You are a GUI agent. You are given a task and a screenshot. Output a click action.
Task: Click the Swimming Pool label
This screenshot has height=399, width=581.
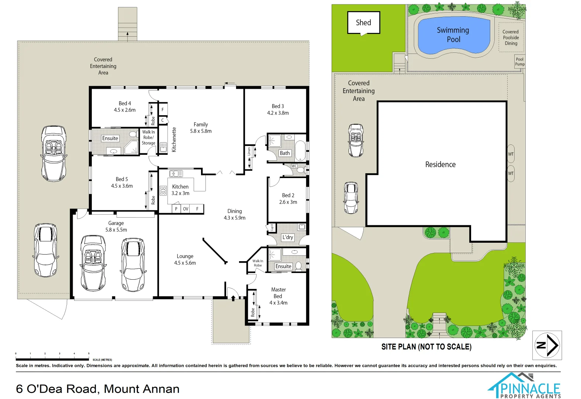(453, 35)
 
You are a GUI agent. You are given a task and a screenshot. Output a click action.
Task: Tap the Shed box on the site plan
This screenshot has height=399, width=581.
(363, 23)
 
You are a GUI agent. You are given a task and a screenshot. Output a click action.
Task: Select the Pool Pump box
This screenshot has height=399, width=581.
(519, 61)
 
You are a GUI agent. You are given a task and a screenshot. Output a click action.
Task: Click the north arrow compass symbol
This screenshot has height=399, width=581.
(547, 345)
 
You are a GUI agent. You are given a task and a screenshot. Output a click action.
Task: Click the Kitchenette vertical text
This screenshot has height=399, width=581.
(174, 140)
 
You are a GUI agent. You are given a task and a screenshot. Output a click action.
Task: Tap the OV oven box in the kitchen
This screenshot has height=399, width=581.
(186, 209)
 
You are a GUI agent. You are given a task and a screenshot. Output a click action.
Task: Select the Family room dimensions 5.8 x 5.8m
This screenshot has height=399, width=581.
(201, 131)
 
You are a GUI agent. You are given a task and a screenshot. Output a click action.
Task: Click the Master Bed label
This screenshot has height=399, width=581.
(278, 293)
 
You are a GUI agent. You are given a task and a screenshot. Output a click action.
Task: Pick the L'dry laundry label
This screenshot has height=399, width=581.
(287, 237)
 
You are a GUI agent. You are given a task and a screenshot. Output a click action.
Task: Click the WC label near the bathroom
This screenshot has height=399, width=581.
(294, 166)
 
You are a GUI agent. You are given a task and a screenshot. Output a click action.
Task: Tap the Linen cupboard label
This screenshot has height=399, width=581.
(249, 151)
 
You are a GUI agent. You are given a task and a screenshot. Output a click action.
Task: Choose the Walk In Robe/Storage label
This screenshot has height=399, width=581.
(148, 137)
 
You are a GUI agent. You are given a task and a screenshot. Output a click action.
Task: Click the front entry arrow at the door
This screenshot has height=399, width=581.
(233, 298)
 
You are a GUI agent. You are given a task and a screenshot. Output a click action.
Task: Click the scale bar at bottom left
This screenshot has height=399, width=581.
(52, 359)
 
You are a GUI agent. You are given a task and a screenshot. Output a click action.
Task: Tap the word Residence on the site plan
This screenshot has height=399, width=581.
(440, 164)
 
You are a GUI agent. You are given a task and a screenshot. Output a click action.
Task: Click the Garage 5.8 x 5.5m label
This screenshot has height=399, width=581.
(116, 226)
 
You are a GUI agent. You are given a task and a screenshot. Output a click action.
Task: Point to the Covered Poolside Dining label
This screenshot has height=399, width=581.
(511, 38)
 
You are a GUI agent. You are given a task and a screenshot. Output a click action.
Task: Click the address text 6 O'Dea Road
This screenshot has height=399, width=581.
(97, 389)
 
